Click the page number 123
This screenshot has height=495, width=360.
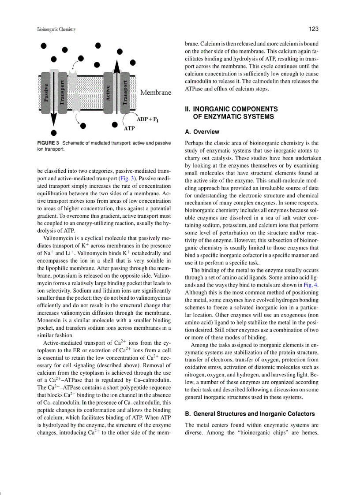click(314, 29)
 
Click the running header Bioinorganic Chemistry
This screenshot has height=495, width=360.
click(56, 30)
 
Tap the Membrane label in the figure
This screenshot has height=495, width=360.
click(156, 93)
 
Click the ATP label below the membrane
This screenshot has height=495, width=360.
click(129, 129)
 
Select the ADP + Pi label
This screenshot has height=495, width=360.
click(148, 119)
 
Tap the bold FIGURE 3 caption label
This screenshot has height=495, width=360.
click(48, 143)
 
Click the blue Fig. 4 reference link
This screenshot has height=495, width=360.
click(311, 285)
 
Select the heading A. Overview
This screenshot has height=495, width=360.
click(202, 132)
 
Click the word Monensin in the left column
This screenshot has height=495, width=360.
click(52, 320)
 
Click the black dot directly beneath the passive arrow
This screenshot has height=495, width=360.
click(53, 132)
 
